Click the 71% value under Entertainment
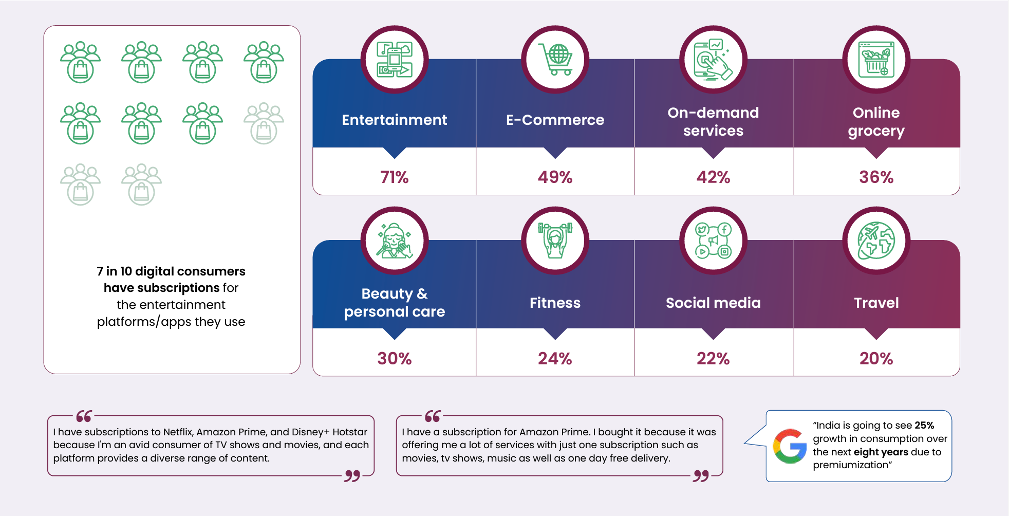(394, 177)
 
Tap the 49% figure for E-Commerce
(555, 177)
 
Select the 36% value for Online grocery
(876, 177)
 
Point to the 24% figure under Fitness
(555, 358)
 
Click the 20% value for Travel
(876, 358)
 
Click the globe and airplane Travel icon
(876, 240)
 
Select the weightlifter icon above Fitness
(555, 240)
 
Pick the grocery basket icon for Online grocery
(876, 59)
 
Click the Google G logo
(790, 446)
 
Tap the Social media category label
(713, 303)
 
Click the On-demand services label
(713, 121)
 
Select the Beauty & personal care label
(394, 303)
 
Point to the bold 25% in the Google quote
(924, 425)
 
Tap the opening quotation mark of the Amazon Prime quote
(433, 416)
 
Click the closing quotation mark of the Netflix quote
(352, 476)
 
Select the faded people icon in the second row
(264, 123)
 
